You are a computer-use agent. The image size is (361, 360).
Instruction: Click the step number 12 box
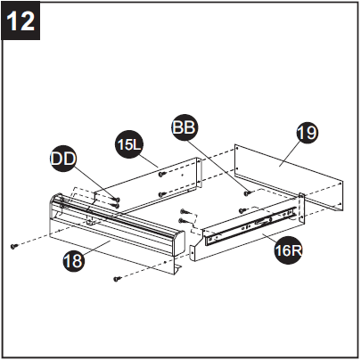click(21, 20)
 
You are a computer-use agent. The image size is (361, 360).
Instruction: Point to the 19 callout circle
click(307, 134)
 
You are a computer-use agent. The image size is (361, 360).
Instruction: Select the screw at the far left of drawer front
click(13, 244)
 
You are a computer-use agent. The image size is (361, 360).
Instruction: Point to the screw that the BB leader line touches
click(244, 190)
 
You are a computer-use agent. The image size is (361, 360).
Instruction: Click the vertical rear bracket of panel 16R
click(303, 209)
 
